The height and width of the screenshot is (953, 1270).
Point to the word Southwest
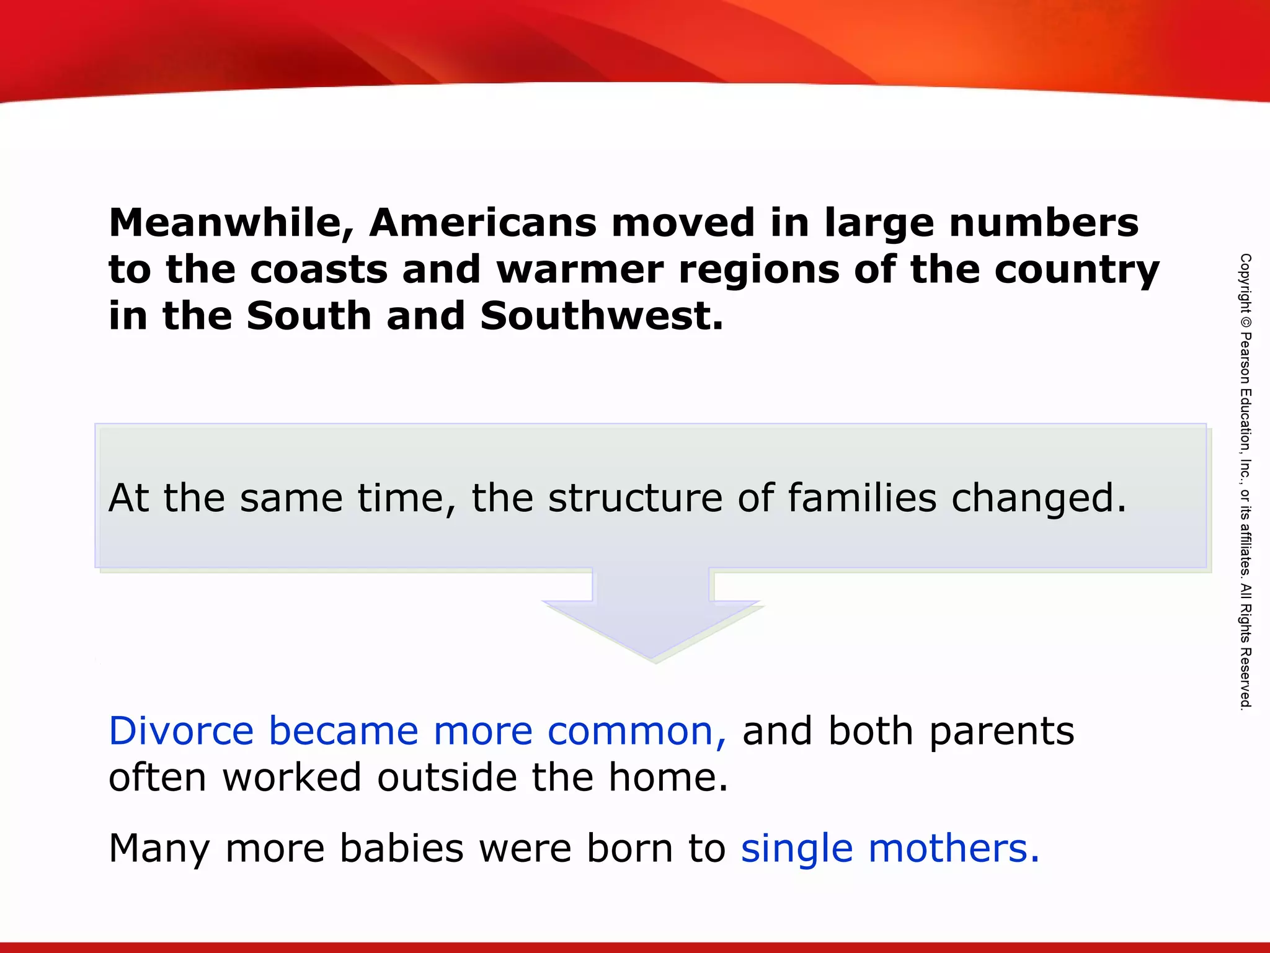point(601,316)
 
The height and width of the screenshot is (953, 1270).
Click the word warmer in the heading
point(580,270)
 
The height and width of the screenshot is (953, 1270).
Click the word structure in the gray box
point(635,498)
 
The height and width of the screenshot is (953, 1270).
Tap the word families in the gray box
point(862,498)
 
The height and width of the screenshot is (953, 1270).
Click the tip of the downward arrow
point(653,658)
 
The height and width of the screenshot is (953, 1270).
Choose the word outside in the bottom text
point(446,778)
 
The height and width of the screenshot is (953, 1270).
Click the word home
point(667,778)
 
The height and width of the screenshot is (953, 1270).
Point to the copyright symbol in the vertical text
point(1245,323)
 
